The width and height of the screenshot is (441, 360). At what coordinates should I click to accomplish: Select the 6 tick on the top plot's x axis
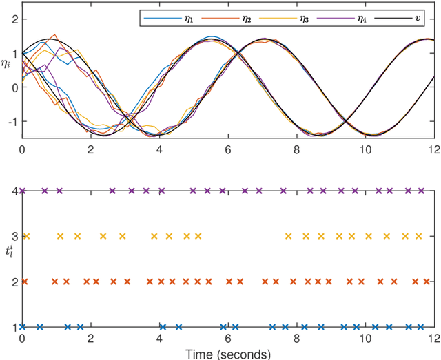point(228,147)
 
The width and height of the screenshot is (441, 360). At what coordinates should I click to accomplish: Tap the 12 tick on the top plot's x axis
point(433,147)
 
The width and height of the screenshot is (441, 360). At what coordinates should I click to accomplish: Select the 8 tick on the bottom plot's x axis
point(296,339)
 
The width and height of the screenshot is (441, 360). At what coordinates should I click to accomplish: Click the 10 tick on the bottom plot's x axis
point(365,339)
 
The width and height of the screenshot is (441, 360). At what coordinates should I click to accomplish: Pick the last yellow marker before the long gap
point(198,236)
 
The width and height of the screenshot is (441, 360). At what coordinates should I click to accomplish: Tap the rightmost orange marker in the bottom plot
point(426,282)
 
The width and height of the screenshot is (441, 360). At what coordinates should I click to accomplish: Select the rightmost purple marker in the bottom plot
point(422,191)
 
